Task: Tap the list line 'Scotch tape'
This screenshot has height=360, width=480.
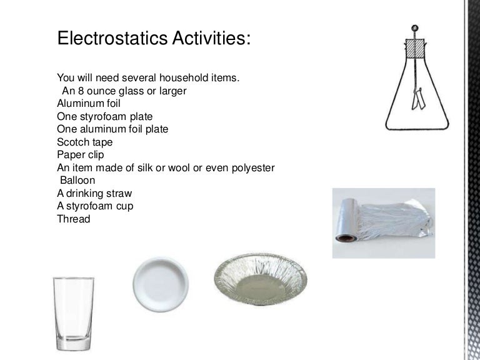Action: click(x=85, y=142)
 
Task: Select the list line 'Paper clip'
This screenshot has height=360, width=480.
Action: click(x=82, y=154)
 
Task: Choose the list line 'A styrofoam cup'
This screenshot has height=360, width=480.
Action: click(x=95, y=206)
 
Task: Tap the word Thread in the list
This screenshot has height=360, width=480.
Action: click(x=73, y=219)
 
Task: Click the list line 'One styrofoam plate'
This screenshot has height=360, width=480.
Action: click(x=105, y=116)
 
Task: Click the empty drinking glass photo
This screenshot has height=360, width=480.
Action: click(x=72, y=315)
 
